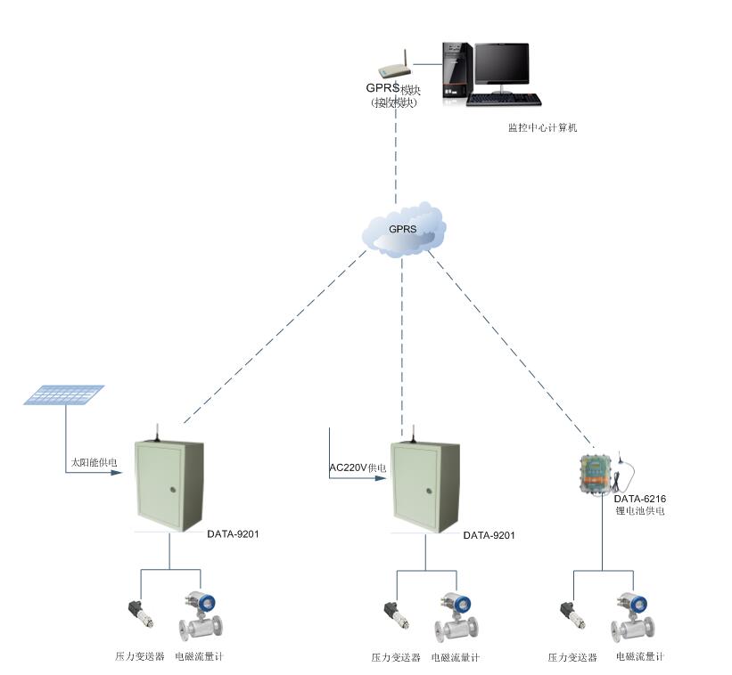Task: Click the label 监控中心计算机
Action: tap(543, 128)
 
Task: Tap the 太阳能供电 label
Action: tap(94, 463)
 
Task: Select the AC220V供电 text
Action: tap(358, 468)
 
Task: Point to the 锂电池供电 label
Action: tap(639, 512)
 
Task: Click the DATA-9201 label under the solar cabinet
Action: tap(233, 534)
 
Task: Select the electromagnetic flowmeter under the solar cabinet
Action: tap(196, 615)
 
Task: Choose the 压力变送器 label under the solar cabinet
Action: tap(140, 657)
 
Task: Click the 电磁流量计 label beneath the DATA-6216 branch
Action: tap(639, 657)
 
